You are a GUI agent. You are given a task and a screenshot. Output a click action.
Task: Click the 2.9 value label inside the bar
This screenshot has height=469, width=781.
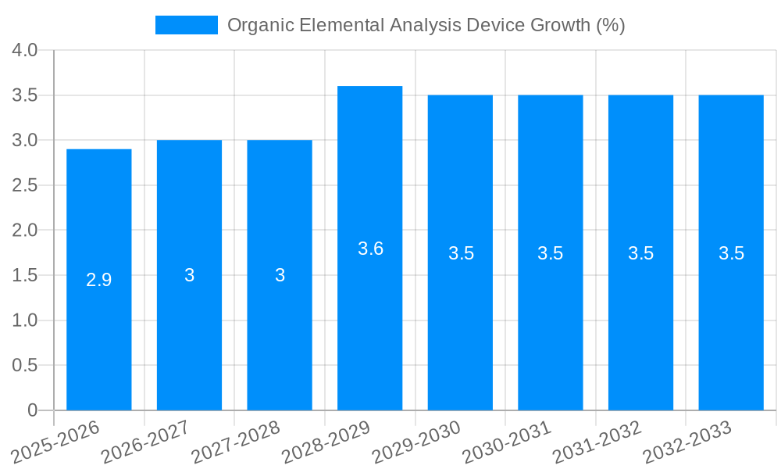[x=99, y=280]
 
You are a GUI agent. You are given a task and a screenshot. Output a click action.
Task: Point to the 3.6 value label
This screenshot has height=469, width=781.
[x=370, y=249]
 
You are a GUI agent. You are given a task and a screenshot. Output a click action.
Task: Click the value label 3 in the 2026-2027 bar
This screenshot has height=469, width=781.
[x=190, y=275]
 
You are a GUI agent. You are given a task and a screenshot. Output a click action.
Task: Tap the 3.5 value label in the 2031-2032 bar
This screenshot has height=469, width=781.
[x=640, y=253]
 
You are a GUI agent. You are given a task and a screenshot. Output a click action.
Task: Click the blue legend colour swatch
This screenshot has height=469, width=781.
[x=186, y=25]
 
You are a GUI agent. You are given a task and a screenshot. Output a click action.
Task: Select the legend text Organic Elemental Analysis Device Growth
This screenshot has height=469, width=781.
[x=426, y=25]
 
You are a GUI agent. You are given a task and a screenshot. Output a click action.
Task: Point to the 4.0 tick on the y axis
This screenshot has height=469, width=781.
[x=25, y=51]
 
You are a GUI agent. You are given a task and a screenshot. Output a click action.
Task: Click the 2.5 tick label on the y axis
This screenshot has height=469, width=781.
[x=25, y=185]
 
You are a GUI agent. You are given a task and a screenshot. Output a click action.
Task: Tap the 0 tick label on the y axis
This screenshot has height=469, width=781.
[x=32, y=410]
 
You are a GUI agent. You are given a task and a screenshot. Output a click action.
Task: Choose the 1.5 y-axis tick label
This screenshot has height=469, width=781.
[x=25, y=275]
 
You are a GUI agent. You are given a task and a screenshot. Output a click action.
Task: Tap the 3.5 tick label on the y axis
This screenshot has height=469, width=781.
[x=25, y=95]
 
